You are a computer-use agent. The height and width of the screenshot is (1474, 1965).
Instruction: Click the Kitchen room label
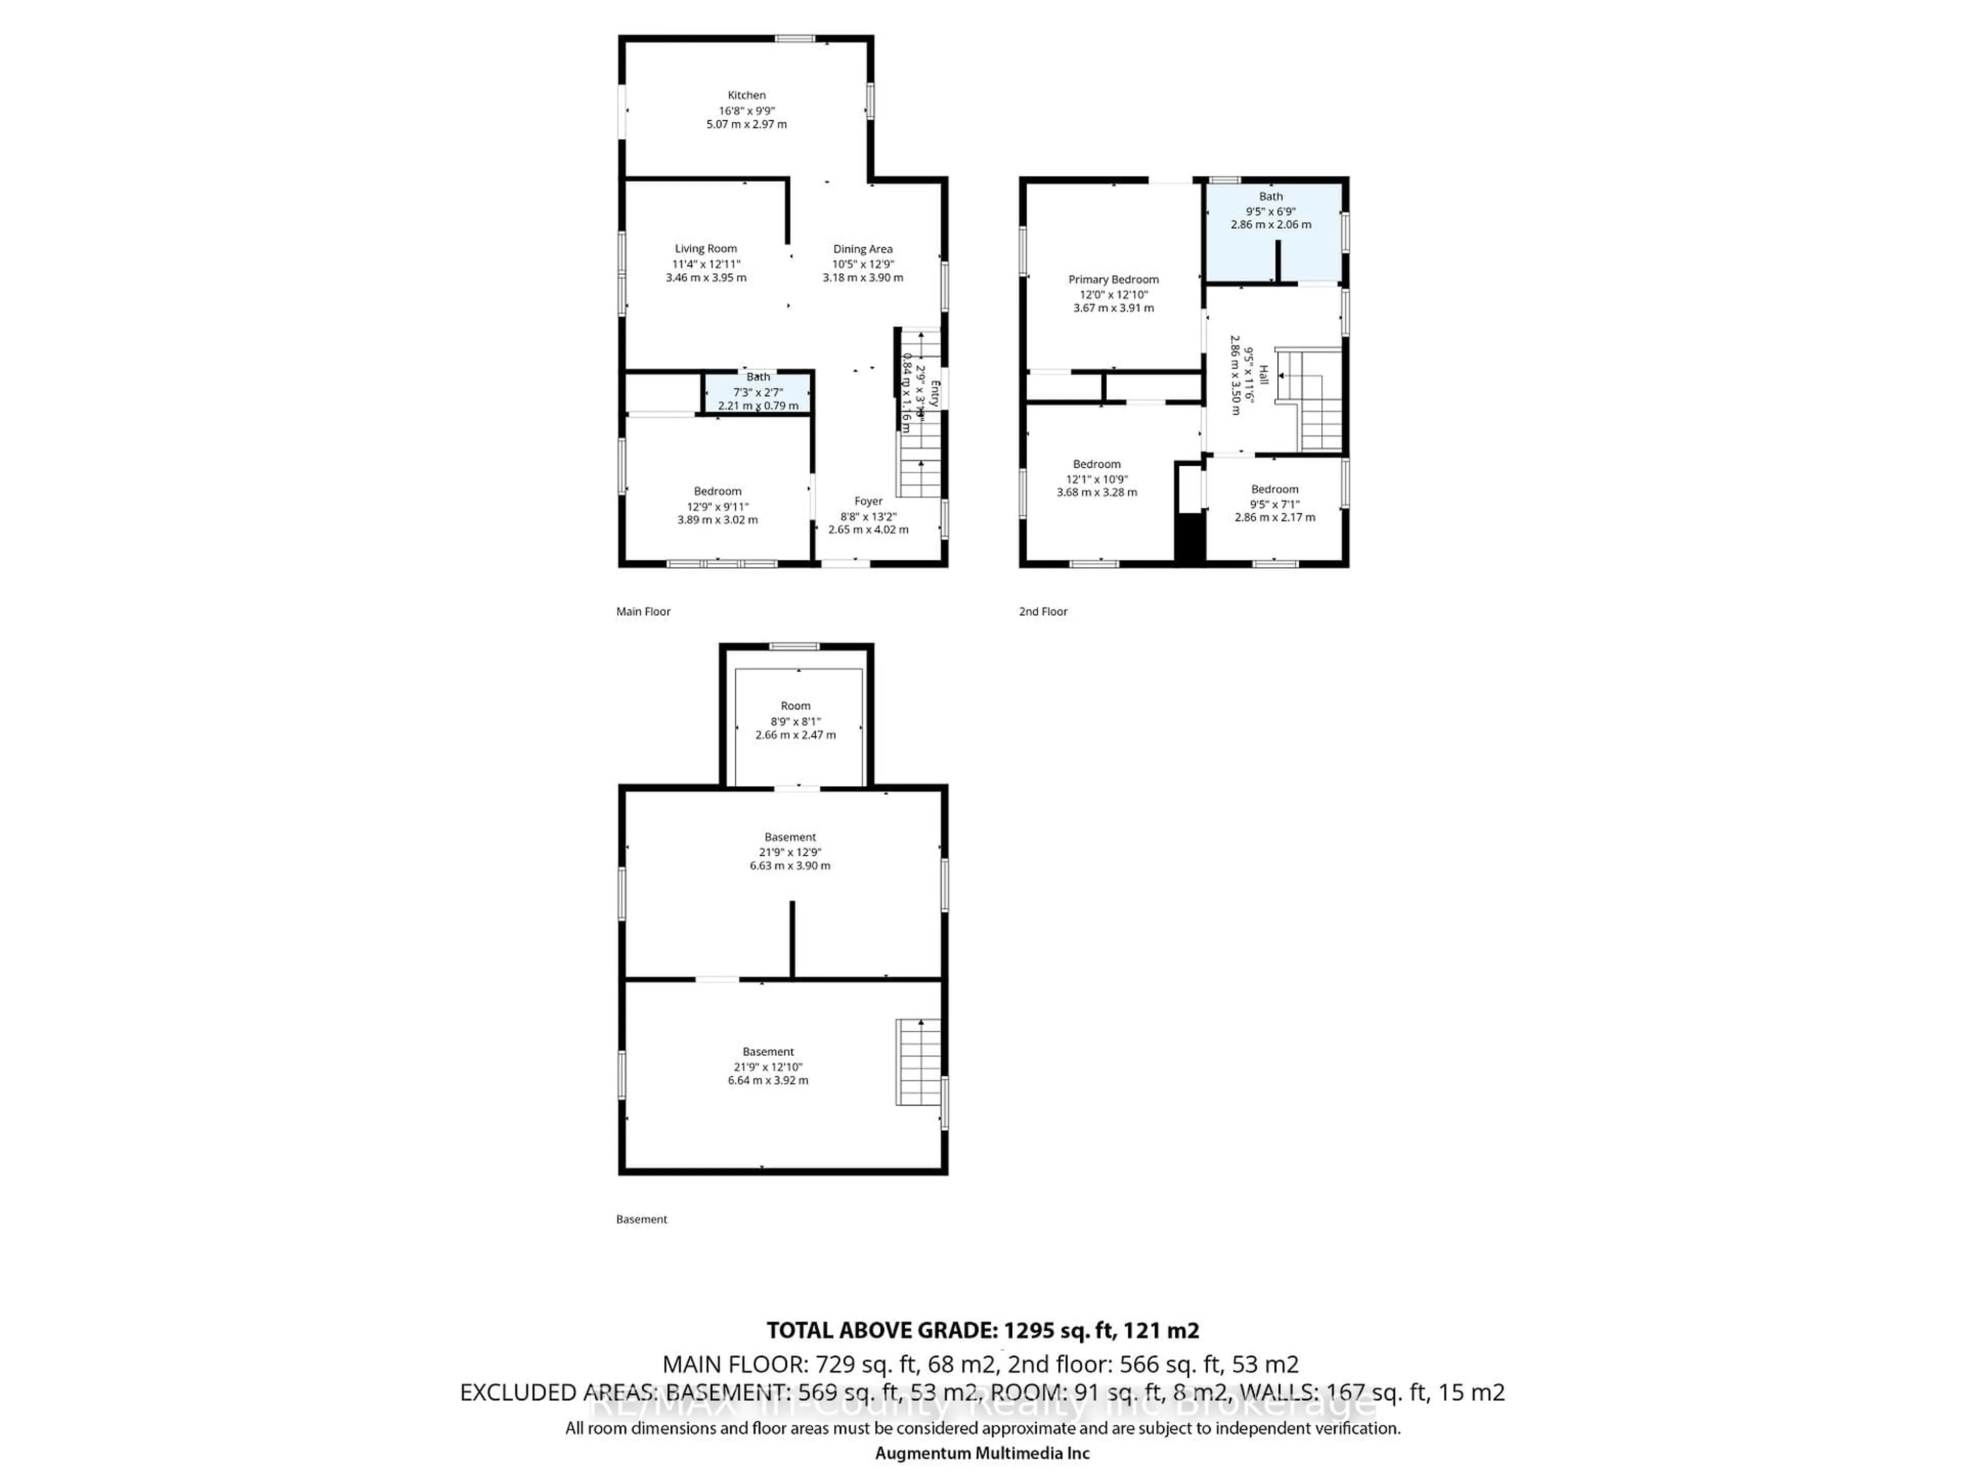pyautogui.click(x=746, y=95)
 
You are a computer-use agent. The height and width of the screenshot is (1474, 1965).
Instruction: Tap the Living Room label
pyautogui.click(x=705, y=249)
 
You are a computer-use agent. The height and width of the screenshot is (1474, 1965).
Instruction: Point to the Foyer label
pyautogui.click(x=868, y=501)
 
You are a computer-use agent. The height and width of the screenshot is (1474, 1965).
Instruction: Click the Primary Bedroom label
pyautogui.click(x=1113, y=279)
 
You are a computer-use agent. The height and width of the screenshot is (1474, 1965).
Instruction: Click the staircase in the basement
pyautogui.click(x=918, y=1062)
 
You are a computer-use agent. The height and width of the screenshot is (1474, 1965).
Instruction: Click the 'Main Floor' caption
pyautogui.click(x=643, y=611)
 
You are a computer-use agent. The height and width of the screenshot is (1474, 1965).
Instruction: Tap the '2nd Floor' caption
pyautogui.click(x=1043, y=611)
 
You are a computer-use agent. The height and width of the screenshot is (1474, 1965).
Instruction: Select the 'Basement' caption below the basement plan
pyautogui.click(x=641, y=1219)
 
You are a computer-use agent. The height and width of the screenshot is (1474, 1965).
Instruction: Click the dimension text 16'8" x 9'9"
pyautogui.click(x=746, y=110)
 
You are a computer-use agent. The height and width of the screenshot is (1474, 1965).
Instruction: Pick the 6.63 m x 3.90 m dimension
pyautogui.click(x=790, y=865)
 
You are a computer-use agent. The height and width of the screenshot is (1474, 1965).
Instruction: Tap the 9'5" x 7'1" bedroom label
pyautogui.click(x=1275, y=503)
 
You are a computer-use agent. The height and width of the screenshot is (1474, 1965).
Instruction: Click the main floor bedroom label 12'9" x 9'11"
pyautogui.click(x=717, y=506)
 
